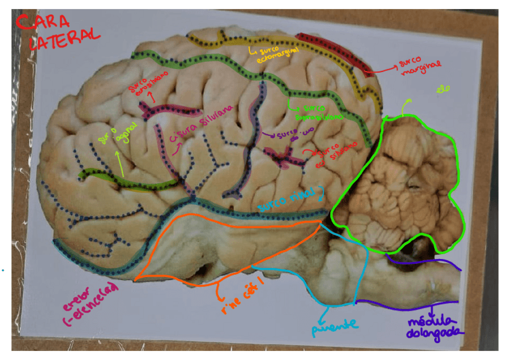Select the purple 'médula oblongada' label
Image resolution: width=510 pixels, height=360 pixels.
[433, 326]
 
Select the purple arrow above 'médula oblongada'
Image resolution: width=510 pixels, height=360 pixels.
[434, 306]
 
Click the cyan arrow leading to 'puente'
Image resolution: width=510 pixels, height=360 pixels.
[325, 311]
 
